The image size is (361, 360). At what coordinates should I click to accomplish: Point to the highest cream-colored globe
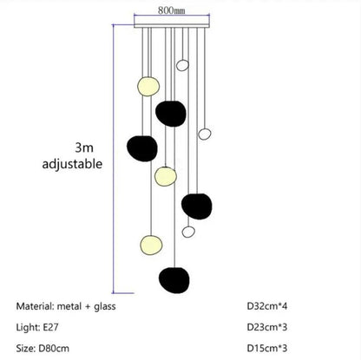pyautogui.click(x=148, y=87)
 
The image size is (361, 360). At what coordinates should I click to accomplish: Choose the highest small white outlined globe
pyautogui.click(x=181, y=63)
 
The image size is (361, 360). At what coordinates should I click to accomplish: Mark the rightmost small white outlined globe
pyautogui.click(x=205, y=134)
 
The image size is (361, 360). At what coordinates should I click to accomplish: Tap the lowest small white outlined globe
pyautogui.click(x=188, y=231)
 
